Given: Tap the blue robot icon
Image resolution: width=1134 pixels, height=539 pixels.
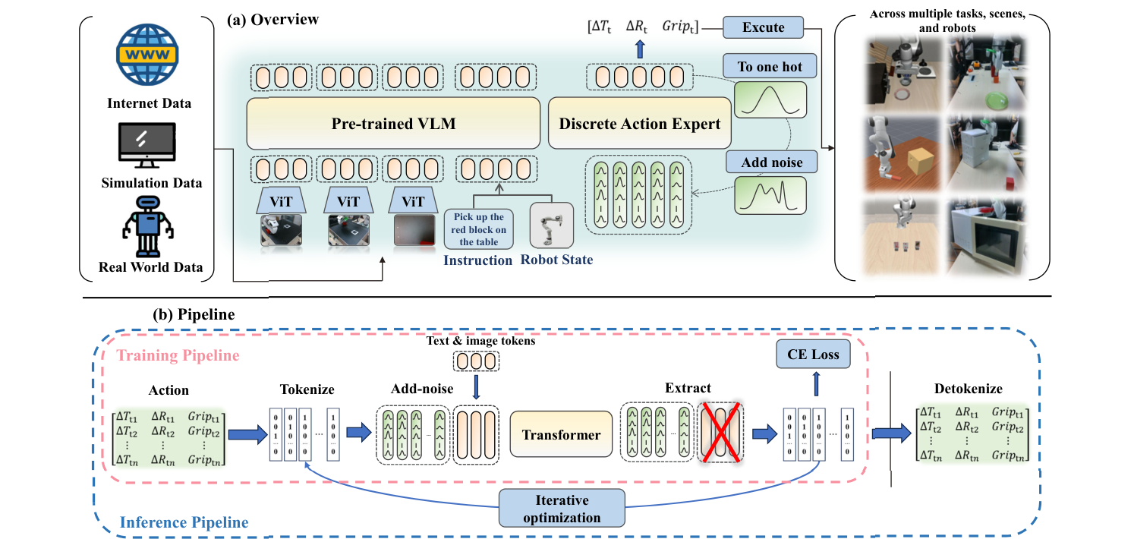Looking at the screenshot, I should point(149,225).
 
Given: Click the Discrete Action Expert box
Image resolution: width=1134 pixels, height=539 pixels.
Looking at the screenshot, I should point(639,123).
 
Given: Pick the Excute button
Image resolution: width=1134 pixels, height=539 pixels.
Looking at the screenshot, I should point(764,27).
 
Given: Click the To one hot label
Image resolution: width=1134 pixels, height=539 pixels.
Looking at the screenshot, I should point(770,67).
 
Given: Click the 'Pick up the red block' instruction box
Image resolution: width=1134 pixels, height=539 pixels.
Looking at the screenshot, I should point(479,230).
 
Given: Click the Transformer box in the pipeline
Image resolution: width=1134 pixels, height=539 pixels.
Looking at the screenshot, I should point(561,435).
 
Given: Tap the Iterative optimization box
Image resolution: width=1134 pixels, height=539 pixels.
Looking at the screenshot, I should point(562,509).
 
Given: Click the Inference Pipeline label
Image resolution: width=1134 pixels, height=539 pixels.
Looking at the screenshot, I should point(184,522).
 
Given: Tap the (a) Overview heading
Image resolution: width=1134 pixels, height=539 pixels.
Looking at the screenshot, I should point(274,19).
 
